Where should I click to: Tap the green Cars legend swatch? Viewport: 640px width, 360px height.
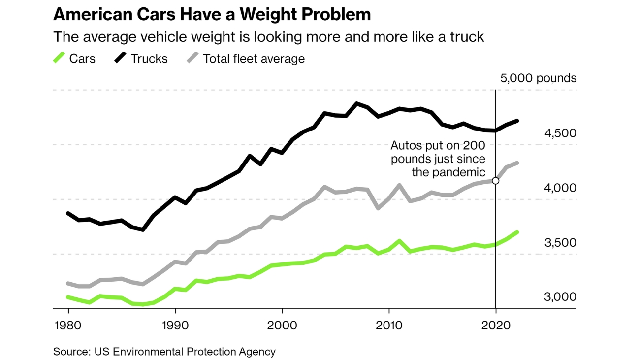pos(59,58)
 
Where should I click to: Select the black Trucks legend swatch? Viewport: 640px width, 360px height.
pos(121,58)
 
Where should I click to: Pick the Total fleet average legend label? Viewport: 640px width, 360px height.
pos(254,59)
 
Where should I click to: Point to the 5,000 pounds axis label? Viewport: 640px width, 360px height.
pos(538,78)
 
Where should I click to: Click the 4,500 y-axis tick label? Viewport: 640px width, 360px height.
pos(560,133)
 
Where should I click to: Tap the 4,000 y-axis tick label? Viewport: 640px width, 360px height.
pos(560,188)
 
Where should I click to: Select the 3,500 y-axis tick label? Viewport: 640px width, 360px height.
pos(560,243)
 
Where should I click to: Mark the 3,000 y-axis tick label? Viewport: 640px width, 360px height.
pos(560,297)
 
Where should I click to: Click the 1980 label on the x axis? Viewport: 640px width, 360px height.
pos(68,326)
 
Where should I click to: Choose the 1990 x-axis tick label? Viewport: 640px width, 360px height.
pos(175,326)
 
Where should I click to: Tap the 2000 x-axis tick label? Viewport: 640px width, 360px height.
pos(282,326)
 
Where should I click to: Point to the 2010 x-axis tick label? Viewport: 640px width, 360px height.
pos(389,326)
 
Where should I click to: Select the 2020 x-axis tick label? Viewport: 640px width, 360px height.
pos(496,326)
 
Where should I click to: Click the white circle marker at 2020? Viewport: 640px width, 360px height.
pos(496,181)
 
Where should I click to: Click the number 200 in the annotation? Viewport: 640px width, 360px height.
pos(474,146)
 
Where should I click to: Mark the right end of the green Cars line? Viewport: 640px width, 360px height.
pos(517,232)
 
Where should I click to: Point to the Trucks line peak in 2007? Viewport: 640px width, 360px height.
pos(357,103)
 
